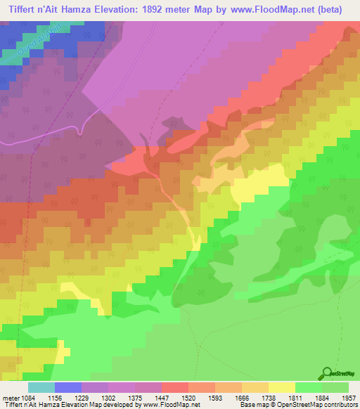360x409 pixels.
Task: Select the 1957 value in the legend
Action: [348, 397]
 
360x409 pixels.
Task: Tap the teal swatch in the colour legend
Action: [41, 387]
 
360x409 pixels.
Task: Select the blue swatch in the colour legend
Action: [68, 387]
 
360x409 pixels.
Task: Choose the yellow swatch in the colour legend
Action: [282, 387]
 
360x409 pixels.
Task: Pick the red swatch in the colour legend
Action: [174, 387]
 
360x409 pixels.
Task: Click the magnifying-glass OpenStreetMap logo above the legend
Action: [327, 373]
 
